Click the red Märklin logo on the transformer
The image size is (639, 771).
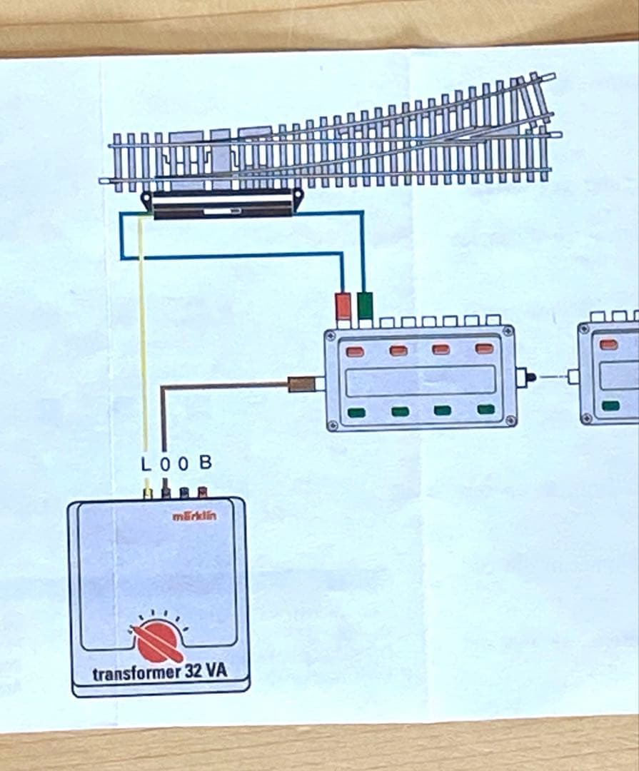pos(194,515)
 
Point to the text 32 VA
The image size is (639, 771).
pos(206,671)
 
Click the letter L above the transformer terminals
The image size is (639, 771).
pos(146,464)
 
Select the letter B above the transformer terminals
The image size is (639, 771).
pos(206,462)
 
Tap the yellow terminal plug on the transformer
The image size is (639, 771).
pos(147,493)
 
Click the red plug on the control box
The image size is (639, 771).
pos(343,306)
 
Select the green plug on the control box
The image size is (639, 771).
pos(365,305)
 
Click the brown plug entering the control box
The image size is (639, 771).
pos(301,384)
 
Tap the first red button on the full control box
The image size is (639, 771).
pos(355,351)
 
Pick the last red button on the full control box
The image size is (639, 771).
pos(485,349)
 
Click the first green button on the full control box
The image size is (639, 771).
pos(356,412)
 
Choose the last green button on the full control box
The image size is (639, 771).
pos(486,408)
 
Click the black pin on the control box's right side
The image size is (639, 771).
pos(530,378)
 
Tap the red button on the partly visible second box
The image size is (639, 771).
pos(609,343)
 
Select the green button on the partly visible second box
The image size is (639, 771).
pos(610,405)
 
